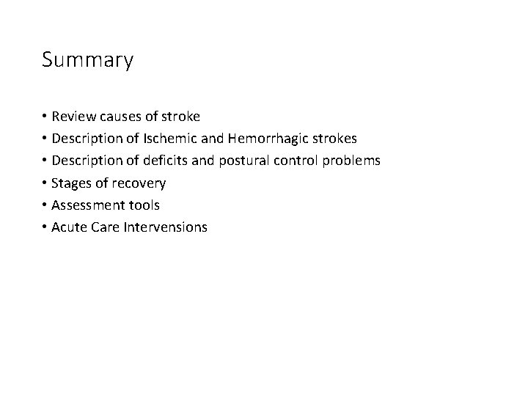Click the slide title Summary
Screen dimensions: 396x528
[x=88, y=60]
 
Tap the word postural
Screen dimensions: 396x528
[x=245, y=161]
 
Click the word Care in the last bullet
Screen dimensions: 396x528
[x=107, y=227]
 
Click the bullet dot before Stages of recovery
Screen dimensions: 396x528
[x=45, y=183]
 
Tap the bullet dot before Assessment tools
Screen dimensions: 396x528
[x=45, y=205]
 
